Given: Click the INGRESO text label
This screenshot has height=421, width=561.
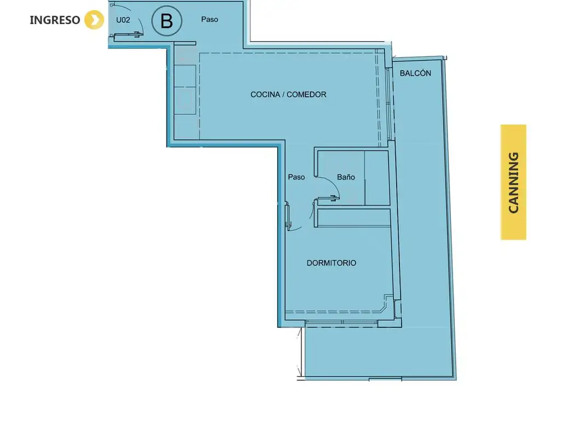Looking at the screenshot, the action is pyautogui.click(x=55, y=20).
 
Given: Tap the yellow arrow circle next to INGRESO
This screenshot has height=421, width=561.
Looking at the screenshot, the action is pyautogui.click(x=94, y=20).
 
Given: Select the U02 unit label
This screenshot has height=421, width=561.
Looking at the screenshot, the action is pyautogui.click(x=123, y=20).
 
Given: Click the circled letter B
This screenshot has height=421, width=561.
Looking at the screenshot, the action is pyautogui.click(x=167, y=21).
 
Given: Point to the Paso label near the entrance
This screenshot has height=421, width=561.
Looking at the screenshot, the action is pyautogui.click(x=209, y=19).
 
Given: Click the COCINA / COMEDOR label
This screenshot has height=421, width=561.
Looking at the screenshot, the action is pyautogui.click(x=288, y=94).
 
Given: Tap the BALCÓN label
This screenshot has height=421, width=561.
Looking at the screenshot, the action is pyautogui.click(x=415, y=73).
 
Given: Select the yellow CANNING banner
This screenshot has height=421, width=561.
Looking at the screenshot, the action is pyautogui.click(x=513, y=182).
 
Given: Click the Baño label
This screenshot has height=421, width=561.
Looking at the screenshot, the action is pyautogui.click(x=346, y=177).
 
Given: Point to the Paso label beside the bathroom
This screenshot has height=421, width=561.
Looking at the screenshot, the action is pyautogui.click(x=296, y=177).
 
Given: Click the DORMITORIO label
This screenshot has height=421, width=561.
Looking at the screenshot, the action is pyautogui.click(x=331, y=263).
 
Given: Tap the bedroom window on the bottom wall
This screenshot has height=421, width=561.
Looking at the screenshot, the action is pyautogui.click(x=342, y=322).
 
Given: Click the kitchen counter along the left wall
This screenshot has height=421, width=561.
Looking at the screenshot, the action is pyautogui.click(x=185, y=90).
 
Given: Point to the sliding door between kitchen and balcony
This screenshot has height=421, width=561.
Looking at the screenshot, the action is pyautogui.click(x=388, y=104).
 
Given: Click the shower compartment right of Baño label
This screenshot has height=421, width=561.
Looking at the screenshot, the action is pyautogui.click(x=376, y=178).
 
